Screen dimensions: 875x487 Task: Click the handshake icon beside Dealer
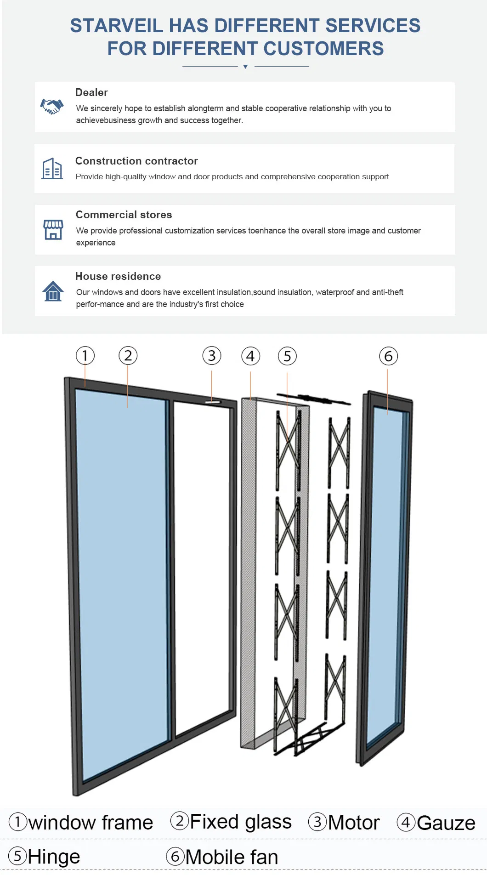point(51,107)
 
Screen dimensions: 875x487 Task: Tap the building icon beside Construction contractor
point(52,169)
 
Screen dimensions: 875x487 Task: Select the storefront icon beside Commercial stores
point(53,229)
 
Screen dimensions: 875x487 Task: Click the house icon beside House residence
point(53,291)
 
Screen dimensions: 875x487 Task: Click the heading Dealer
point(91,92)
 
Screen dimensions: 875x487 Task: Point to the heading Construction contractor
point(136,161)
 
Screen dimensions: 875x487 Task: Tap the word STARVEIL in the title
point(116,26)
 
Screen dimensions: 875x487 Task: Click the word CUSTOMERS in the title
point(323,49)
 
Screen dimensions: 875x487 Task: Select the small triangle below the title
point(245,67)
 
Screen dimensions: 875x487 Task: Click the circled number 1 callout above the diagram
point(85,355)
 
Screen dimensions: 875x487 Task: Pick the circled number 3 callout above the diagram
point(212,355)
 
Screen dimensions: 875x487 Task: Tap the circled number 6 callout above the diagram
point(388,356)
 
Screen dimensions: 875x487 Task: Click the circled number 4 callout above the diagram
point(250,356)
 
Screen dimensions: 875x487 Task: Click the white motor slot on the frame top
point(213,403)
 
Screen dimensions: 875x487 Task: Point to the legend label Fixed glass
point(240,822)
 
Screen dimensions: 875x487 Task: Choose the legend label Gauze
point(446,823)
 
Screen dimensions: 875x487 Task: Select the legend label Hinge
point(54,857)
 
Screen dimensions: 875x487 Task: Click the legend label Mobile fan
point(232,857)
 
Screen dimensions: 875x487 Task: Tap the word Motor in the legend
point(354,823)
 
